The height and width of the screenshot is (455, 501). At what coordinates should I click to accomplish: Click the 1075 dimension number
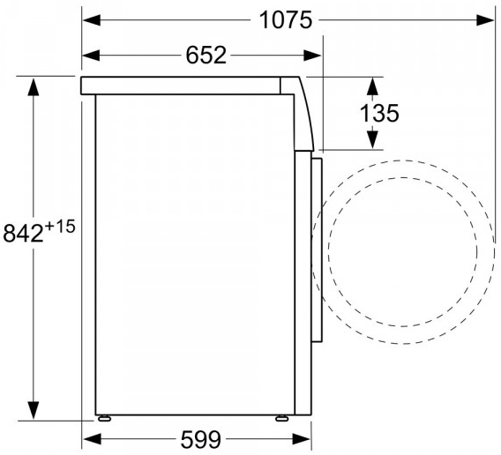tap(285, 20)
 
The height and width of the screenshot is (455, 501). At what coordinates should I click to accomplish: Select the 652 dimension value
tap(206, 55)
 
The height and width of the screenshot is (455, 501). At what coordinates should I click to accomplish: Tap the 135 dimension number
tap(379, 113)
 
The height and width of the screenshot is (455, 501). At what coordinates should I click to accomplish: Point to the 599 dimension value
tap(200, 439)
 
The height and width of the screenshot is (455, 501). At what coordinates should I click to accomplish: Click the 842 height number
tap(23, 233)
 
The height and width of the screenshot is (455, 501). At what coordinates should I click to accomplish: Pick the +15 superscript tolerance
tap(60, 227)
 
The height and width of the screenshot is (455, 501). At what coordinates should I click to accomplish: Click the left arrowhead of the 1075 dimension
tap(92, 20)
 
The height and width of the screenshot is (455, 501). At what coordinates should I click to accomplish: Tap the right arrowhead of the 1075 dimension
tap(485, 20)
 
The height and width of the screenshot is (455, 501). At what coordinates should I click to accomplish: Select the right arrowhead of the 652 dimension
tap(312, 56)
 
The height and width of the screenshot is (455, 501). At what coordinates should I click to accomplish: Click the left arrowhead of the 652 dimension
tap(92, 56)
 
